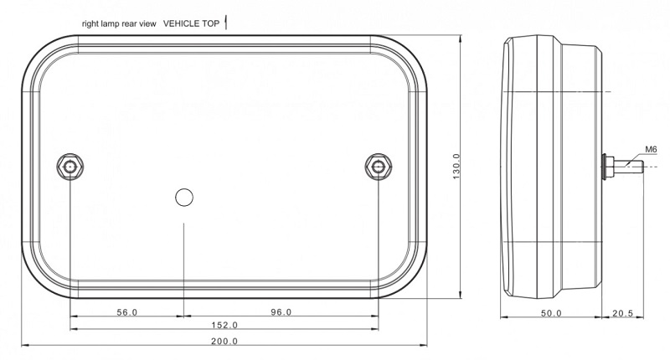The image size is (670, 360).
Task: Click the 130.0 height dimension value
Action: (x=456, y=167)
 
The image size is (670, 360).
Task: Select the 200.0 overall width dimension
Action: (x=224, y=342)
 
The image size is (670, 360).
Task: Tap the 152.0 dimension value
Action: (x=224, y=325)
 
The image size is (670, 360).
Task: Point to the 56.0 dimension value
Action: (x=127, y=312)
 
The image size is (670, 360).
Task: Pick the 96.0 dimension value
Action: (x=281, y=312)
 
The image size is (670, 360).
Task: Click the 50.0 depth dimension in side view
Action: (x=551, y=313)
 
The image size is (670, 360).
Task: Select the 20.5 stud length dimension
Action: (x=622, y=313)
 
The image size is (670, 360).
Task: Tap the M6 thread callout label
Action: (x=651, y=150)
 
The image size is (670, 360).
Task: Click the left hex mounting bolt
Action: (x=70, y=167)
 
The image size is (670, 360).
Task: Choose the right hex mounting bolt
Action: (x=379, y=167)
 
